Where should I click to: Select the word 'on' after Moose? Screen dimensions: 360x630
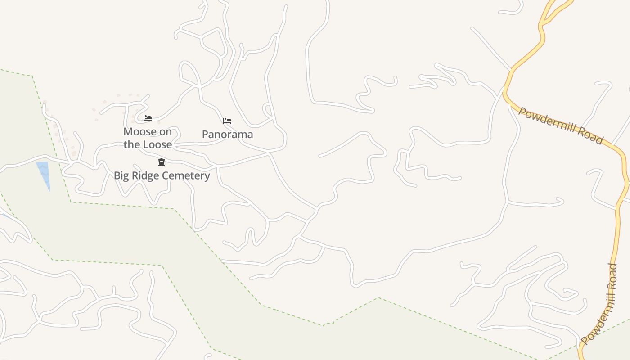[165, 132]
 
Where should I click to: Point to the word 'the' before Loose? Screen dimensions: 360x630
[131, 145]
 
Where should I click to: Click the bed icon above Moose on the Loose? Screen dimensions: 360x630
[148, 119]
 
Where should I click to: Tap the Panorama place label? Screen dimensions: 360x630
[227, 135]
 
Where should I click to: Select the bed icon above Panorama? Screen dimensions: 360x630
[227, 121]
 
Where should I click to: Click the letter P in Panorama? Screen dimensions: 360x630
[205, 135]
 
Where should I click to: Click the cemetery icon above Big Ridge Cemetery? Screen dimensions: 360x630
[161, 162]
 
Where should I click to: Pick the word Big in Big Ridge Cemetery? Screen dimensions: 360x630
[121, 175]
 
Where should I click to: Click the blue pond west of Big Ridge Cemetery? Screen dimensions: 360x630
[43, 173]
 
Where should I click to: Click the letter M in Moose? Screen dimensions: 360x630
[128, 132]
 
